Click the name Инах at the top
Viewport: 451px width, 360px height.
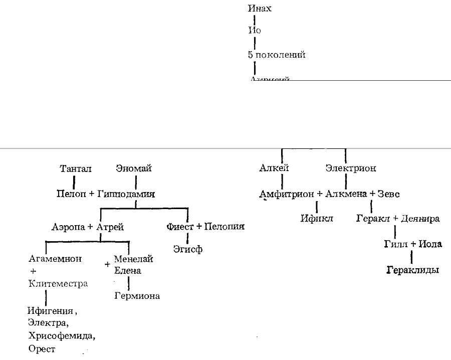(260, 8)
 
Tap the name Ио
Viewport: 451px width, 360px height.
(255, 30)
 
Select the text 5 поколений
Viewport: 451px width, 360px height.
(277, 55)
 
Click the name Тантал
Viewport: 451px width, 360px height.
(76, 169)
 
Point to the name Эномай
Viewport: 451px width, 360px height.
(134, 169)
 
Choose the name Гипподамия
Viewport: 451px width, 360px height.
(126, 194)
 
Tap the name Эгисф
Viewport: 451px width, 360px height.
(188, 249)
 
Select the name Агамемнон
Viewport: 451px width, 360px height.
(56, 259)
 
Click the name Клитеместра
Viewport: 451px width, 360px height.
(58, 284)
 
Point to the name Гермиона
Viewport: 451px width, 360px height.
(137, 296)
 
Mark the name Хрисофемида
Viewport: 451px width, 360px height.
(61, 335)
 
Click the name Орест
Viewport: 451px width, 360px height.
(42, 348)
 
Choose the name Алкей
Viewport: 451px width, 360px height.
(275, 168)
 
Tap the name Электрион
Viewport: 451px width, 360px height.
(351, 168)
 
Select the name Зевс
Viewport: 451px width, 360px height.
(389, 194)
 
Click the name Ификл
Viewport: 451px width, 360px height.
(317, 219)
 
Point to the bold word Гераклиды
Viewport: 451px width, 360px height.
(413, 270)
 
